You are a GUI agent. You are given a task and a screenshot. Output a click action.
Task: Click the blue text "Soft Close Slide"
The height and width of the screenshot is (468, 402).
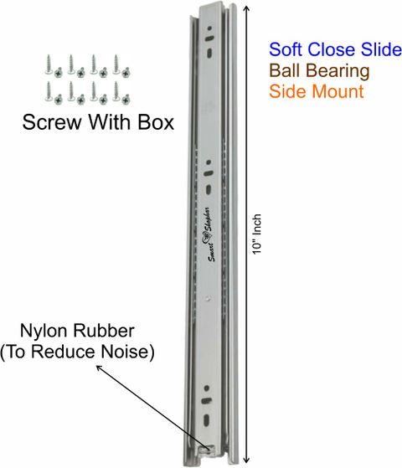coord(335,49)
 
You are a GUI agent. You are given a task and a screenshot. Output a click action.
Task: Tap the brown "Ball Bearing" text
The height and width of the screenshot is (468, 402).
coord(319,71)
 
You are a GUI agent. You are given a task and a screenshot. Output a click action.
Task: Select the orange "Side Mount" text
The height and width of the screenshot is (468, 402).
coord(317,91)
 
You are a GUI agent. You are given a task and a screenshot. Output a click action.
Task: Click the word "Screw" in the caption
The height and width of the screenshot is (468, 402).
coord(52,122)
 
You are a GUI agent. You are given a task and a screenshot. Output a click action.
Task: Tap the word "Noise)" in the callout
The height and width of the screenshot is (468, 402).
coord(127,352)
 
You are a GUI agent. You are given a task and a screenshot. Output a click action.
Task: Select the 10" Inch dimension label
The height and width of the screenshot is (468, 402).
coord(256,234)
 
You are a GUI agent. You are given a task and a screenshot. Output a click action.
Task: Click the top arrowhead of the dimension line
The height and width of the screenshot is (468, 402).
coord(246,9)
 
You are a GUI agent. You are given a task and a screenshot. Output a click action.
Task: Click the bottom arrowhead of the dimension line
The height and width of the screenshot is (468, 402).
coord(246,460)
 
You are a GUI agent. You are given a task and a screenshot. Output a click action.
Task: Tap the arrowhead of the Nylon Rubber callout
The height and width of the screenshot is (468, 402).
coord(99,368)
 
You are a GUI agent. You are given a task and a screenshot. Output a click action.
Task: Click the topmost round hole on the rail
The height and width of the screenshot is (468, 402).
coord(209,28)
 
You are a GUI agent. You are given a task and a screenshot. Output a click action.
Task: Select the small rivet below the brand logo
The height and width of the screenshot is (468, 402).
coord(209,298)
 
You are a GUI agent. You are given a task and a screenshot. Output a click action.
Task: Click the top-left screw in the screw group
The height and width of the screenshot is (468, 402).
coord(49,64)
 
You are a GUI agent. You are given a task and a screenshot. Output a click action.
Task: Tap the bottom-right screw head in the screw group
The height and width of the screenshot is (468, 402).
coord(126,99)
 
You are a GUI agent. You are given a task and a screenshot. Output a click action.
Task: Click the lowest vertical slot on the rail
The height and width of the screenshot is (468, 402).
coord(206,419)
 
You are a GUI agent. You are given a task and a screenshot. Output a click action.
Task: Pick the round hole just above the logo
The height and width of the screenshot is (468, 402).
coord(209,162)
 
